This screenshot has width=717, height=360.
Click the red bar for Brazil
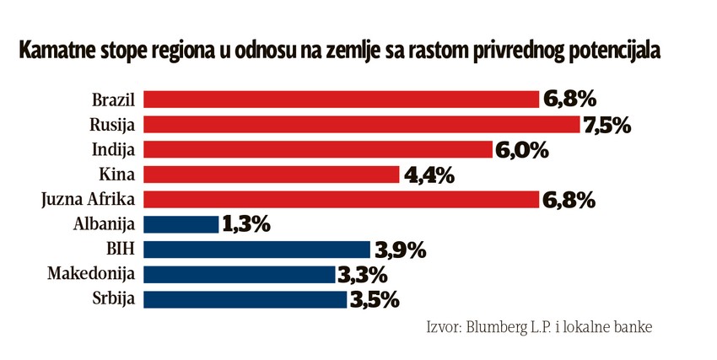342,99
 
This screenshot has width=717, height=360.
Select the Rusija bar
363,125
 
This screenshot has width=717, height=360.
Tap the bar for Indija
318,150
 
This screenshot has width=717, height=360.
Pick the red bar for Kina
272,175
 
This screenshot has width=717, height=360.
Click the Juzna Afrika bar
342,200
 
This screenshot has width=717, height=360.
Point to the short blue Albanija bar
181,224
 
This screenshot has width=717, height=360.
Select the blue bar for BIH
257,250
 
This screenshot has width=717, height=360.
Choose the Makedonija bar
240,274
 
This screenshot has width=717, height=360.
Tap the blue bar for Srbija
245,299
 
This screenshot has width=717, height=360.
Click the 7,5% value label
607,126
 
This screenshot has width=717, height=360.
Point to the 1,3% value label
245,225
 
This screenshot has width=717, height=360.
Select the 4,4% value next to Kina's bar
428,175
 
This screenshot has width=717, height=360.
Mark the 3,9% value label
399,250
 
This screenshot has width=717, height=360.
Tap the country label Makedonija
95,274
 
